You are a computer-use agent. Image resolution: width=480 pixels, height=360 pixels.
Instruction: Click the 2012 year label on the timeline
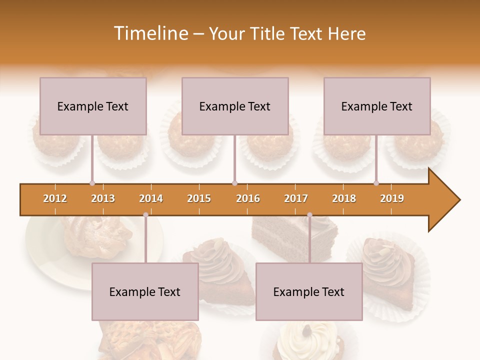click(x=55, y=198)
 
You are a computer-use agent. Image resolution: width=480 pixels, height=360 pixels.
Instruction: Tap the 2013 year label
click(x=103, y=198)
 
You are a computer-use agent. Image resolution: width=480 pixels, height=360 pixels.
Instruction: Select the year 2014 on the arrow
click(x=151, y=198)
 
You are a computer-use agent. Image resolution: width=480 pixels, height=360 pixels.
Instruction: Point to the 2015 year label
click(x=199, y=198)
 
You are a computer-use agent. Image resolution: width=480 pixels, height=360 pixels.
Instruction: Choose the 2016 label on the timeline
click(x=248, y=198)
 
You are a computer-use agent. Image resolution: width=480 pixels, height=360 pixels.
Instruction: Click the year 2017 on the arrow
click(x=296, y=198)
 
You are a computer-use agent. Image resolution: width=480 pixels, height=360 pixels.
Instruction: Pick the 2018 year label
click(x=344, y=198)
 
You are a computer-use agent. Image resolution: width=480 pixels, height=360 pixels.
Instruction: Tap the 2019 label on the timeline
click(x=392, y=198)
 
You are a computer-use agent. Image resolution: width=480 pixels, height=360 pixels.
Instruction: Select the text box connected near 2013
click(x=93, y=106)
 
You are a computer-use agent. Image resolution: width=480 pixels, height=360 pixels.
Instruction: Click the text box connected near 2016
click(x=235, y=106)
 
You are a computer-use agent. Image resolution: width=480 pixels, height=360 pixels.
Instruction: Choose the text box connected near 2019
click(x=377, y=106)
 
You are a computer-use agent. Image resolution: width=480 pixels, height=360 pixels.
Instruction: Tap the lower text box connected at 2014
click(x=145, y=291)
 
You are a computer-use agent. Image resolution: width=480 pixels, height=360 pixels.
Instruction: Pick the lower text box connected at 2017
click(x=309, y=291)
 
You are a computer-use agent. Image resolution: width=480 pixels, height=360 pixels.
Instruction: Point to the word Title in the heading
click(x=269, y=33)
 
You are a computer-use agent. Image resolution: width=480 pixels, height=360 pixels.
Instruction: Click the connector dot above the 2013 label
click(x=92, y=183)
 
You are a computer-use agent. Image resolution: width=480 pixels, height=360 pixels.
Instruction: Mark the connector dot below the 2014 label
click(x=145, y=215)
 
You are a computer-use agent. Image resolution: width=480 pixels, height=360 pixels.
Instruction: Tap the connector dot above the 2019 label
click(x=376, y=183)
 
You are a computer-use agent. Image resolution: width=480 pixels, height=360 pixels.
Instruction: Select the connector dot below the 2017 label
click(x=309, y=215)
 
